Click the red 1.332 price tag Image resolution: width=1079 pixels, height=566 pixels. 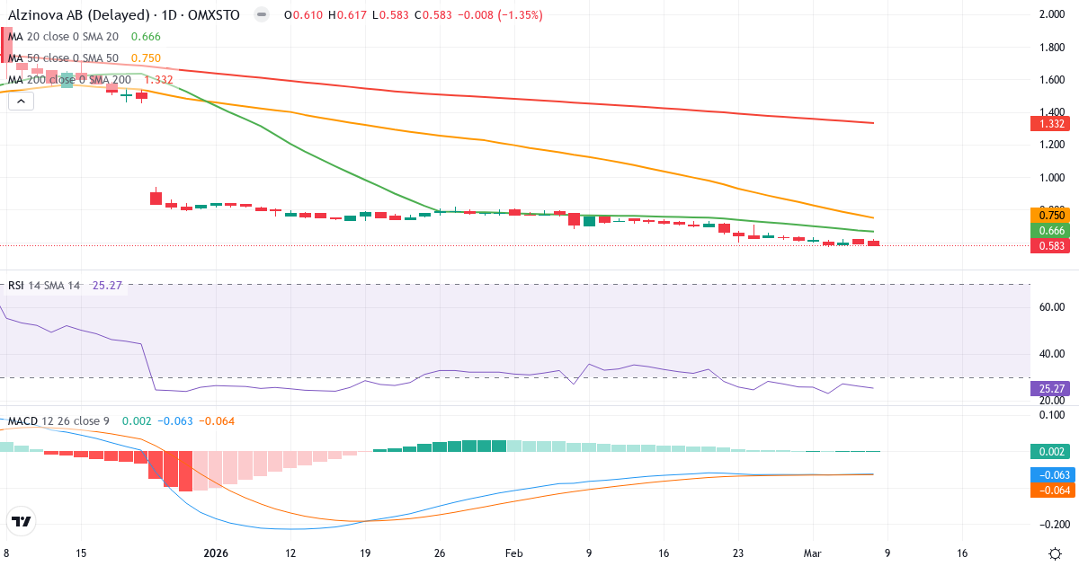click(1051, 123)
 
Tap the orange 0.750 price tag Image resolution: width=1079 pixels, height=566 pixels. click(1051, 215)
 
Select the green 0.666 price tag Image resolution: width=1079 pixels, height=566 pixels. click(1051, 231)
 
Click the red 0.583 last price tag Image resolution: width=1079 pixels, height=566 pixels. click(1051, 245)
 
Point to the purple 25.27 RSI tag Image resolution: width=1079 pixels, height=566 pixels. click(1051, 388)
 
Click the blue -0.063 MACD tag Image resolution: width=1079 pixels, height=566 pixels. click(1051, 474)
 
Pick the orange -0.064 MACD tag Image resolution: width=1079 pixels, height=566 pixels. click(1051, 490)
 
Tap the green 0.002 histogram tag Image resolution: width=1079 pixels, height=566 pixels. click(1051, 451)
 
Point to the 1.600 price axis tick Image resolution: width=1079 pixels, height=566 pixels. click(1051, 80)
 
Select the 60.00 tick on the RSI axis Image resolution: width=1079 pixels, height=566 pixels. click(1051, 306)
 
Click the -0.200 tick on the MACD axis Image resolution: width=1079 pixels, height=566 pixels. click(1051, 524)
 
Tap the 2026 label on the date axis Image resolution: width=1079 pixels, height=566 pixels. click(217, 553)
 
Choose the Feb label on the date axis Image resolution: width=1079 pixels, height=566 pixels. click(513, 553)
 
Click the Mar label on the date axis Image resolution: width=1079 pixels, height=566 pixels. click(812, 553)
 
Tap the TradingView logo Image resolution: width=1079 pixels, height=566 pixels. click(22, 521)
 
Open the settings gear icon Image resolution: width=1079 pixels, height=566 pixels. click(1057, 553)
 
